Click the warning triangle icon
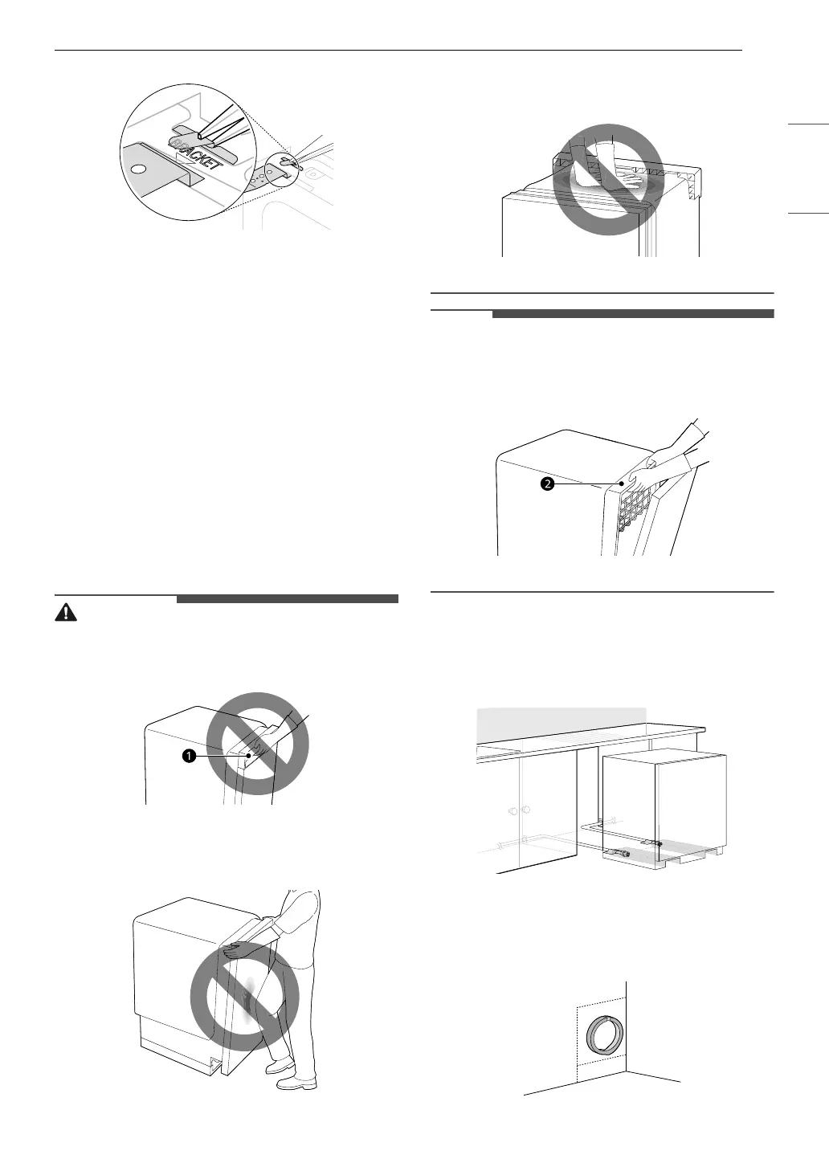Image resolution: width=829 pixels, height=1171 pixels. coord(66,613)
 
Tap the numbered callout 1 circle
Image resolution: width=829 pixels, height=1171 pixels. coord(190,756)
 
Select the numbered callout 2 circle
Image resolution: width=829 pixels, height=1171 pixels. coord(547,484)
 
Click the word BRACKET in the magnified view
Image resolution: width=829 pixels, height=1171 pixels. coord(195,153)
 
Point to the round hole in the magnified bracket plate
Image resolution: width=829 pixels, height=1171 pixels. coord(138,169)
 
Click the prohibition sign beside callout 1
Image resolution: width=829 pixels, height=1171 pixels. coord(258,744)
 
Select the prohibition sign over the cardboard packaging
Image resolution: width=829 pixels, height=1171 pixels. coord(608,179)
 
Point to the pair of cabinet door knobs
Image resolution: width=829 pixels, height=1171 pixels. coord(518,811)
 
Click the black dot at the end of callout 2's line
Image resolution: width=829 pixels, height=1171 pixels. coord(622,484)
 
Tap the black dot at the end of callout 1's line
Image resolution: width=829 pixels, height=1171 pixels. coord(248,756)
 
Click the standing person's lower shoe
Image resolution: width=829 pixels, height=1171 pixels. coord(296,1082)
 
